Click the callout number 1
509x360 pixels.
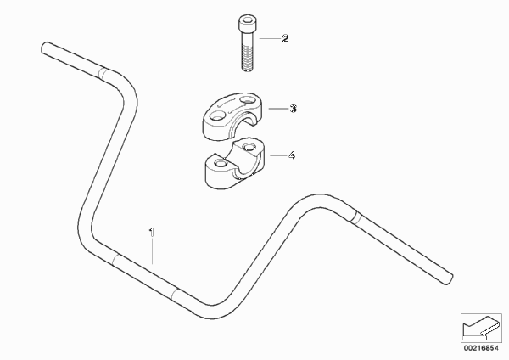(x=151, y=233)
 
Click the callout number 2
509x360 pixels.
(x=285, y=39)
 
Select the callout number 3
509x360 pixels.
(x=294, y=108)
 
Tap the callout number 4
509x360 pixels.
(x=292, y=155)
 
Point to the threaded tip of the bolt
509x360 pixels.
(x=248, y=68)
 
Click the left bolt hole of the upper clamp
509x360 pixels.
(x=217, y=115)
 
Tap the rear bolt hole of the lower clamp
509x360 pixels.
(x=249, y=147)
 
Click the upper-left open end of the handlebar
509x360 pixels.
(x=45, y=48)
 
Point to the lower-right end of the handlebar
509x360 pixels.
(x=449, y=279)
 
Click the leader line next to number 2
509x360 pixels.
(x=270, y=39)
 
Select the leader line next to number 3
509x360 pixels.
(x=278, y=108)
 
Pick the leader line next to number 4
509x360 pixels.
(x=278, y=155)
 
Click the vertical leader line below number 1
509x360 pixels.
(x=152, y=250)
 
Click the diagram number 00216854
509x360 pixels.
(x=481, y=348)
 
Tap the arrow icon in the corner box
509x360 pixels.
(x=481, y=328)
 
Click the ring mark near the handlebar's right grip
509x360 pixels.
(x=355, y=217)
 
